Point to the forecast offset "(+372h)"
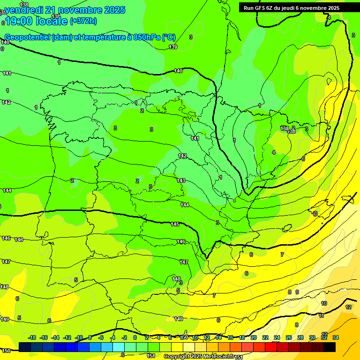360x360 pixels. click(x=83, y=21)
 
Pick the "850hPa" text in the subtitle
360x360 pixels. click(x=146, y=37)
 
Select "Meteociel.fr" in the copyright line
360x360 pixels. click(x=217, y=356)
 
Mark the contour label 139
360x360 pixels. click(x=173, y=47)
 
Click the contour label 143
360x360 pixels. click(x=181, y=180)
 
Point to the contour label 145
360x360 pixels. click(x=175, y=224)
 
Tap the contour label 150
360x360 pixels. click(x=6, y=351)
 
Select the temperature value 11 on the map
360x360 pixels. click(x=321, y=315)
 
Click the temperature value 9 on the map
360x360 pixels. click(x=297, y=292)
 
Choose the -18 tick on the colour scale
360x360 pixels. click(x=32, y=337)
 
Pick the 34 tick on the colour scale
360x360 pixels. click(x=335, y=337)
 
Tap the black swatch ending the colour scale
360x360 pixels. click(x=330, y=347)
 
